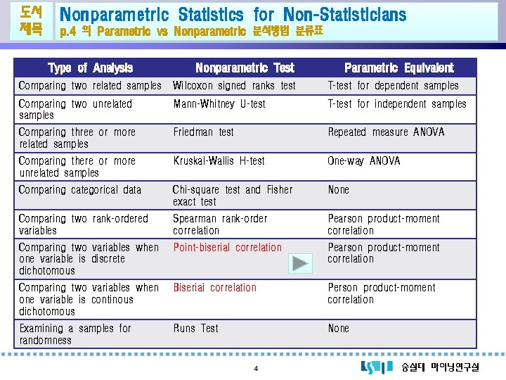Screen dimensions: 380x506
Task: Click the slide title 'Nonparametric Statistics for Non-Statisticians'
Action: tap(233, 14)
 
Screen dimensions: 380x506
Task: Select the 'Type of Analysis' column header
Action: tap(90, 68)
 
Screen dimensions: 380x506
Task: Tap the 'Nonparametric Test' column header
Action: tap(245, 68)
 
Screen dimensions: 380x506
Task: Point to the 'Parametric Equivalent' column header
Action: tap(398, 68)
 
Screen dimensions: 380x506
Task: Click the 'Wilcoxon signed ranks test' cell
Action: tap(234, 86)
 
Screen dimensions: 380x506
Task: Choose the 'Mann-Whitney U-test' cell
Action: tap(219, 103)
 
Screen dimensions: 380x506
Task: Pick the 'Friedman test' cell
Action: tap(204, 132)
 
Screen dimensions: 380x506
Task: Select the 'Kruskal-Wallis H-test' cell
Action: tap(219, 160)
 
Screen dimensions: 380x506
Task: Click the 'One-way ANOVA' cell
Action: tap(363, 160)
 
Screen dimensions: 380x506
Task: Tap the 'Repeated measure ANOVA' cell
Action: tap(386, 132)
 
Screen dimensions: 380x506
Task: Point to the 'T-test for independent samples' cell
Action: tap(396, 103)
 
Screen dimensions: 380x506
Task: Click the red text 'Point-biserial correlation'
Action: tap(227, 247)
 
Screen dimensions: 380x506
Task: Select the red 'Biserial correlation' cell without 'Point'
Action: tap(214, 287)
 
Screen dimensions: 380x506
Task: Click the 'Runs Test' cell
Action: tap(196, 328)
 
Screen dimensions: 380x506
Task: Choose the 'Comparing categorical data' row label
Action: tap(80, 189)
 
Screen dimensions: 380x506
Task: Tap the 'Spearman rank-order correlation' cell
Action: tap(220, 224)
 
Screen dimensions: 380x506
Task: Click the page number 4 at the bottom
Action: tap(256, 369)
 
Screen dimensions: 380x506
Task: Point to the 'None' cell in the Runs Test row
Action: tap(338, 328)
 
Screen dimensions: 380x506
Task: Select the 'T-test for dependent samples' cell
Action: tap(393, 86)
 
